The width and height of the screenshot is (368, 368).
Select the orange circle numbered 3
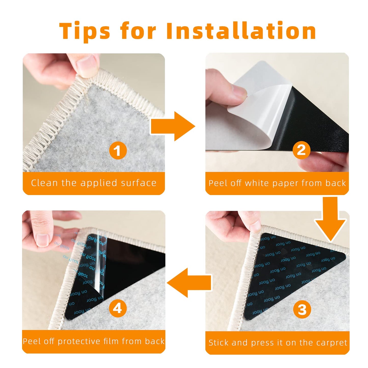(302, 309)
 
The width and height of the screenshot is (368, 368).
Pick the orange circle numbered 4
(118, 308)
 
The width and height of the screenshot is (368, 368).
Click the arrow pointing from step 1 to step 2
(172, 126)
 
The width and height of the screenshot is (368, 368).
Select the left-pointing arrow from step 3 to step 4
(190, 283)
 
